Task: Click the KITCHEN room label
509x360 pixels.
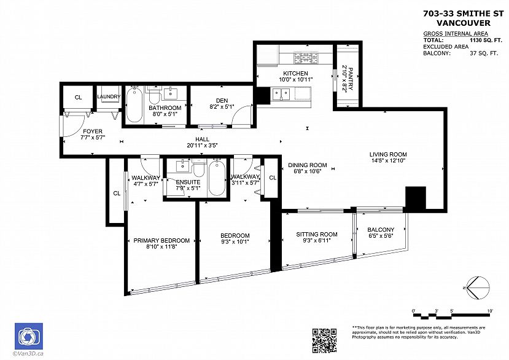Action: tap(295, 74)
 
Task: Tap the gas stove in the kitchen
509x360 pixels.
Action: tap(306, 58)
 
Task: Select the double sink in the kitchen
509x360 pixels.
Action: tap(281, 94)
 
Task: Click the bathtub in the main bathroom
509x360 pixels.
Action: tap(134, 104)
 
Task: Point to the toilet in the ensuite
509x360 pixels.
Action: tap(198, 168)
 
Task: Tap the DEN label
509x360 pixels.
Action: tap(222, 101)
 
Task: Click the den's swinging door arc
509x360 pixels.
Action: tap(241, 112)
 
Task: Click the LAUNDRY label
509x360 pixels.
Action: tap(109, 96)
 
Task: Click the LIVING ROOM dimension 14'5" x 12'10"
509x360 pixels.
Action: tap(389, 160)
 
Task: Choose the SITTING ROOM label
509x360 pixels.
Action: tap(316, 234)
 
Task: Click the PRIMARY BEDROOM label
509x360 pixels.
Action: tap(161, 240)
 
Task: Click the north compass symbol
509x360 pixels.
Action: tap(477, 288)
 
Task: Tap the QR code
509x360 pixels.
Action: tap(324, 340)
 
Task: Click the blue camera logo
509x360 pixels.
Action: tap(29, 336)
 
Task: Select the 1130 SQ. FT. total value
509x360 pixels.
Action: tap(484, 41)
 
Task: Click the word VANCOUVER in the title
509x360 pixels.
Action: tap(463, 23)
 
